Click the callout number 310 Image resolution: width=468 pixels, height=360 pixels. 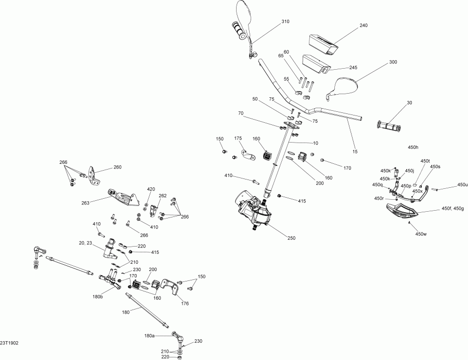click(285, 22)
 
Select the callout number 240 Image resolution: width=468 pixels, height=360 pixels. click(363, 25)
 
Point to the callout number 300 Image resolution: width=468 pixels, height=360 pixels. click(393, 62)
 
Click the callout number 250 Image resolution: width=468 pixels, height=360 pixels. click(291, 238)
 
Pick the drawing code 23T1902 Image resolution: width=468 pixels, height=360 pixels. click(10, 343)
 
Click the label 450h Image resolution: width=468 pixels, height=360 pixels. click(413, 148)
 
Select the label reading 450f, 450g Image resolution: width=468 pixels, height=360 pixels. click(452, 209)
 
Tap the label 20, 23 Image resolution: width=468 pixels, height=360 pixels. click(86, 242)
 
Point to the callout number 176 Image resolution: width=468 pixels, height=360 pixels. click(185, 303)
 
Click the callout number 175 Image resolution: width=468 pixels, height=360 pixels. click(239, 138)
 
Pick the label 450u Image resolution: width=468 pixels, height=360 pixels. click(462, 185)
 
